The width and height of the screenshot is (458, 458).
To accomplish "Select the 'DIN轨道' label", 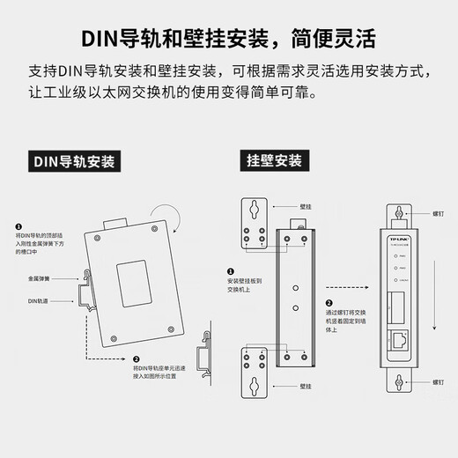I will coord(40,300).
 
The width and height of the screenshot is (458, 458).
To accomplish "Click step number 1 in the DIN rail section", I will coord(19,226).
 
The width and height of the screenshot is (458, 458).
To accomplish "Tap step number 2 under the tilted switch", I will coord(137,359).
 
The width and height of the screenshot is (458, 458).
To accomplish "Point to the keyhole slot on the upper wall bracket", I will coord(254,211).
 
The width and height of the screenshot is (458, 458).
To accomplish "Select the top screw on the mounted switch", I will coord(400,213).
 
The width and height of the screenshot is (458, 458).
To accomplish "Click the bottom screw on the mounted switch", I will coord(400,381).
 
